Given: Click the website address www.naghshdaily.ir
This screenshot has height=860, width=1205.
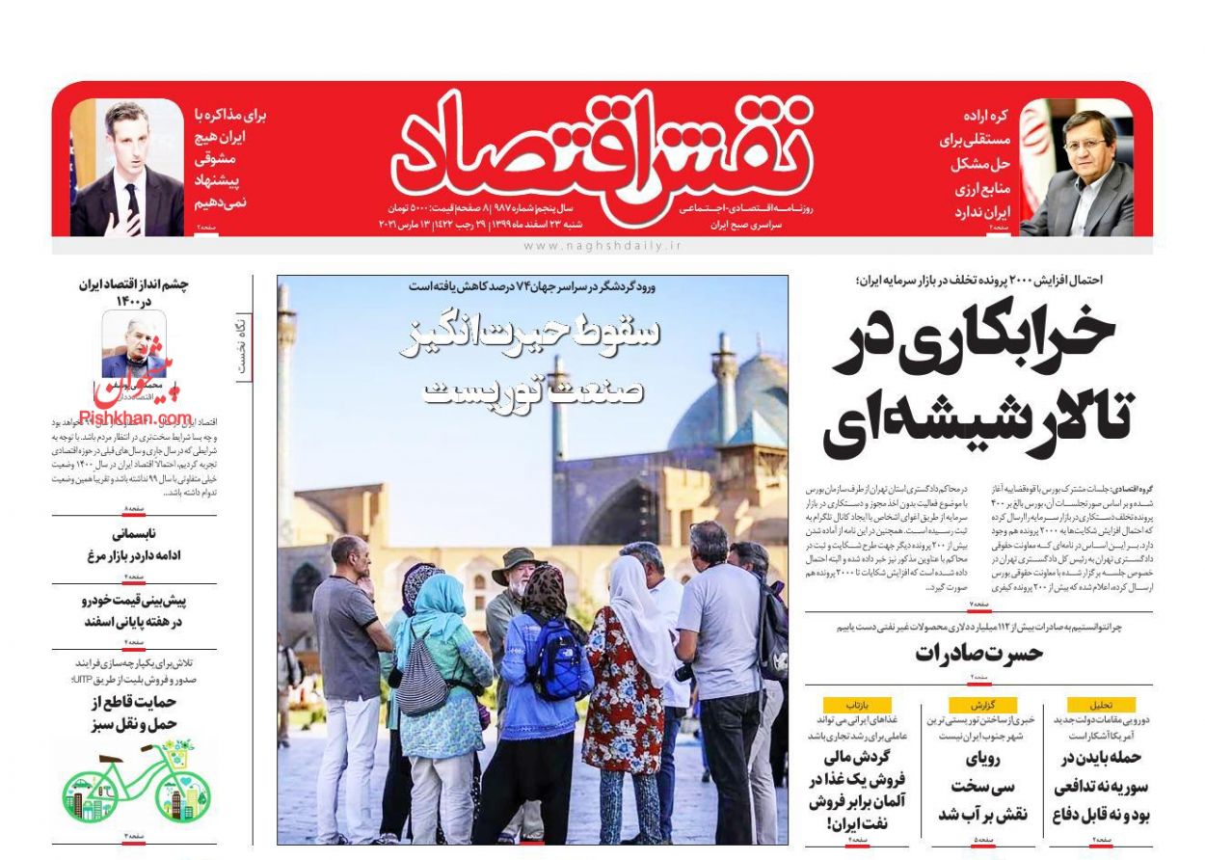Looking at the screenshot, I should [x=602, y=247].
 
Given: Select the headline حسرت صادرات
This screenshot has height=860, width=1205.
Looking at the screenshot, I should [x=978, y=653].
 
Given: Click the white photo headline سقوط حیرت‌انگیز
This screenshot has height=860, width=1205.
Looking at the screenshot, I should [x=533, y=333].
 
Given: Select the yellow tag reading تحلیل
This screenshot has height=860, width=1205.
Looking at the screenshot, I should [x=1101, y=704].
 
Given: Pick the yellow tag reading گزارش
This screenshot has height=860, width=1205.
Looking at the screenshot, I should [x=982, y=704].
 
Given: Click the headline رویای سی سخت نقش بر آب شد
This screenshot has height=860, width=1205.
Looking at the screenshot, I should [x=982, y=786].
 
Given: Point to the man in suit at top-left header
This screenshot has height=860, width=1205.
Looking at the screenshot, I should [x=126, y=174].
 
